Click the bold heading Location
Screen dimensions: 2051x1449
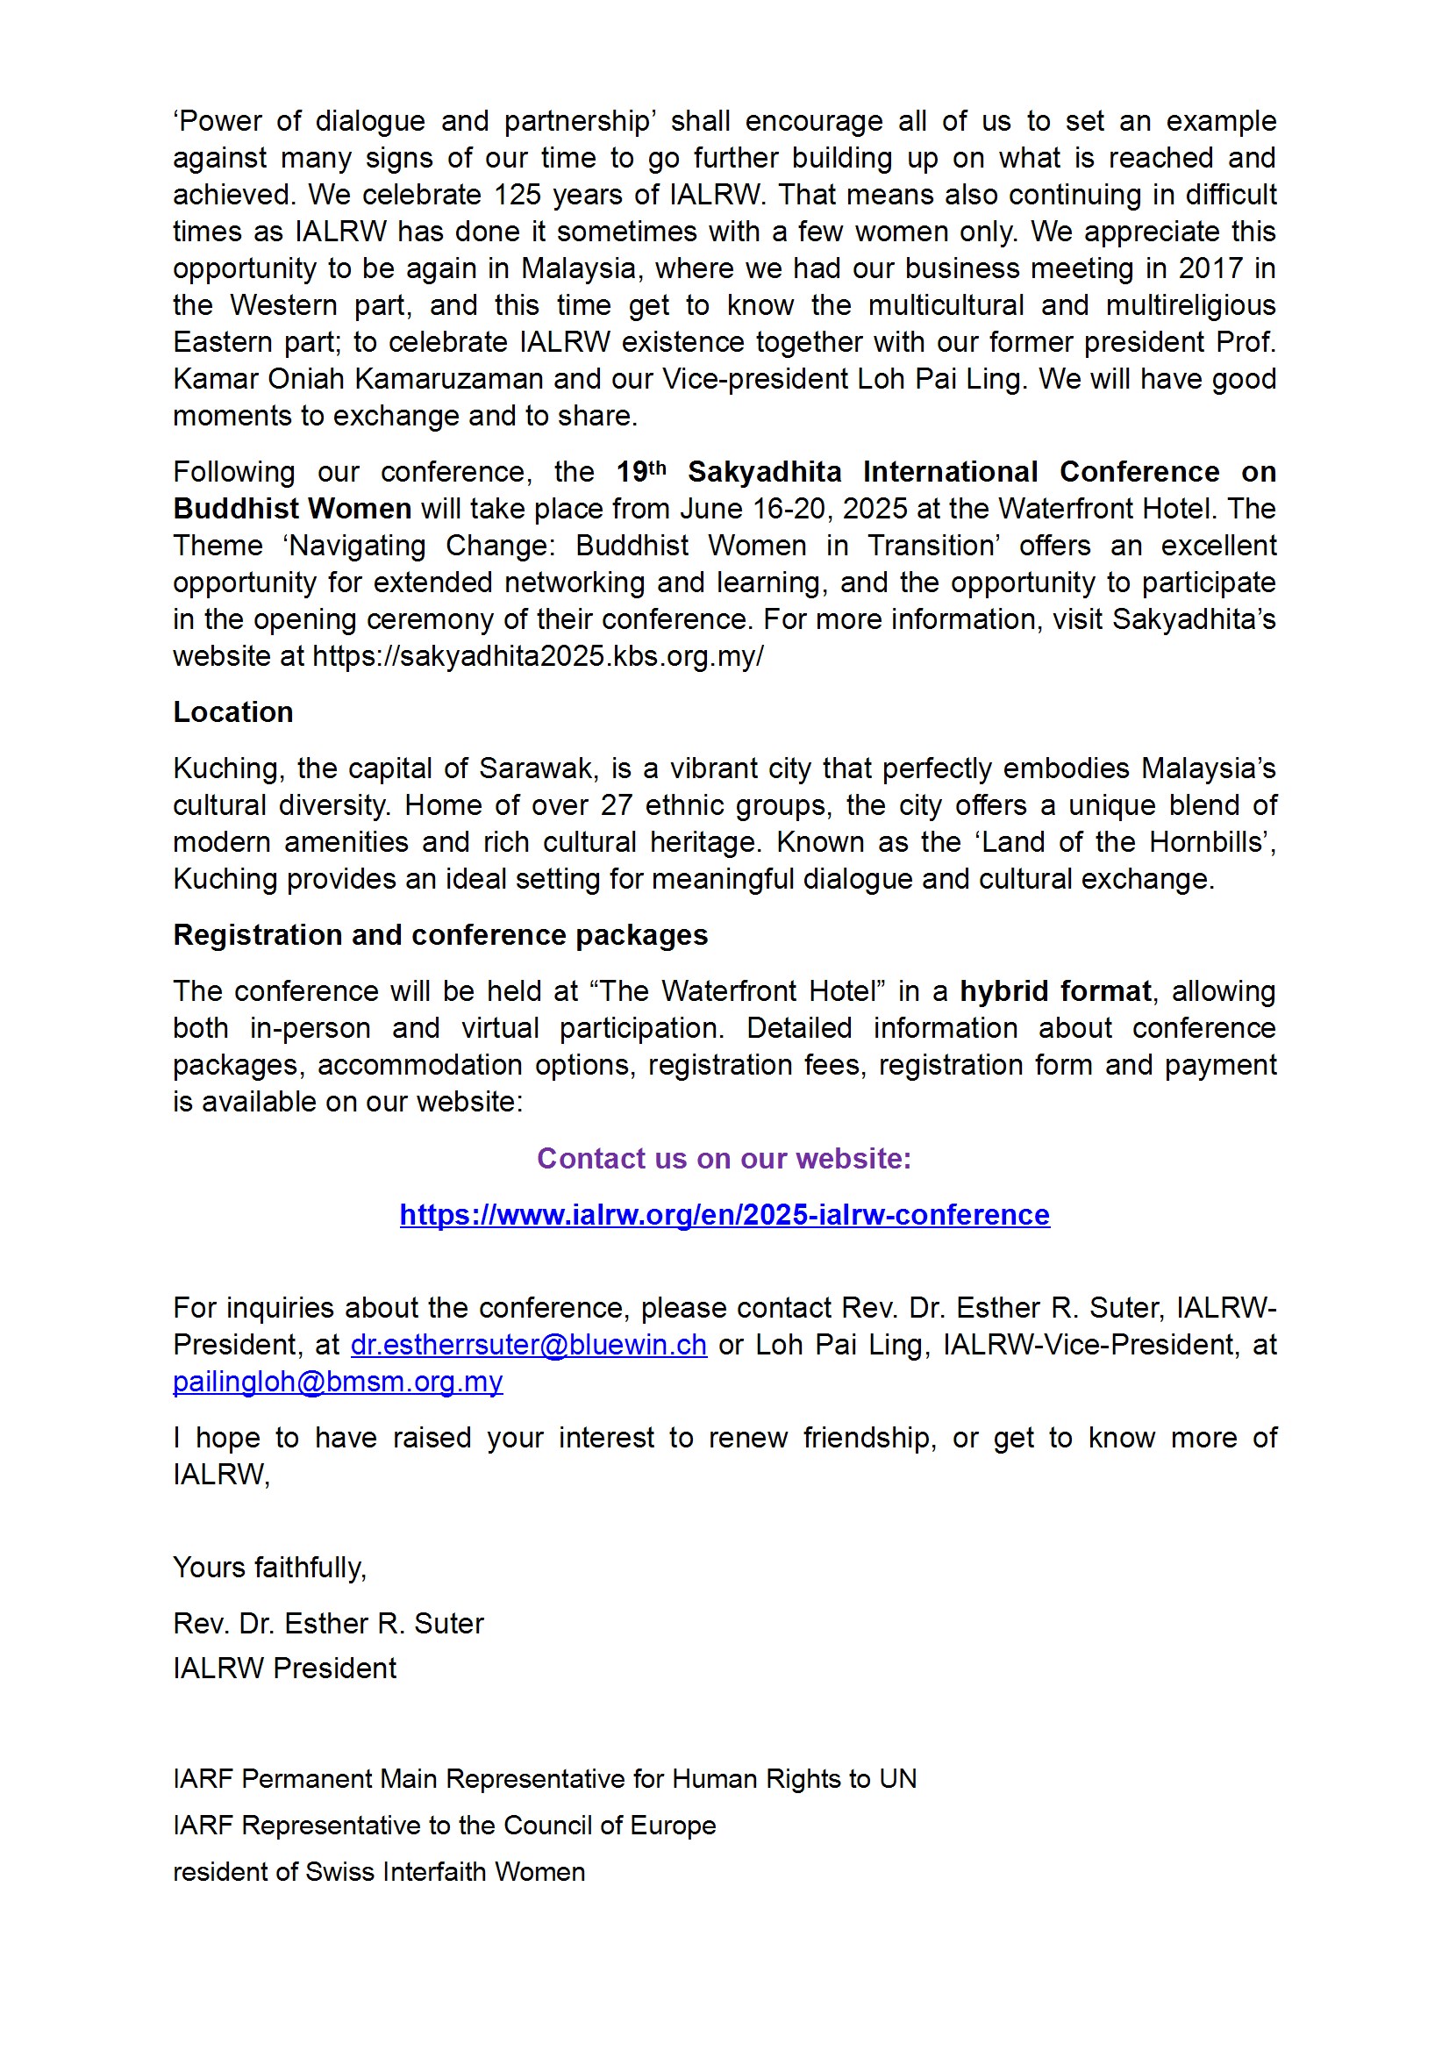click(x=233, y=712)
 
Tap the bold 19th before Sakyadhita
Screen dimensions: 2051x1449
click(x=640, y=472)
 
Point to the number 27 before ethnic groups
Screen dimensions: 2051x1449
click(x=617, y=804)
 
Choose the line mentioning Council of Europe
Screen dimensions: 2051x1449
click(x=444, y=1825)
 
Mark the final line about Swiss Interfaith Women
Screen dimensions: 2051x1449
click(x=379, y=1871)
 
